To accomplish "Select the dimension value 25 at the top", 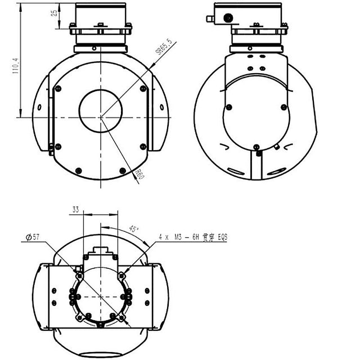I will click(54, 12).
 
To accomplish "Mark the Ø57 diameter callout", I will click(33, 237).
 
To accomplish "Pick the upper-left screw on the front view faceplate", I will click(57, 88).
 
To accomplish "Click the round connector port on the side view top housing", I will click(228, 18).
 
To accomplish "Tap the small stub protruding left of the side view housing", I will click(209, 19).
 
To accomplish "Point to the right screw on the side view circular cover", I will click(283, 107).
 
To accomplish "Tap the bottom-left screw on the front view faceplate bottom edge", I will click(78, 170).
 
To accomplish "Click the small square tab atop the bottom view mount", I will click(101, 249).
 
